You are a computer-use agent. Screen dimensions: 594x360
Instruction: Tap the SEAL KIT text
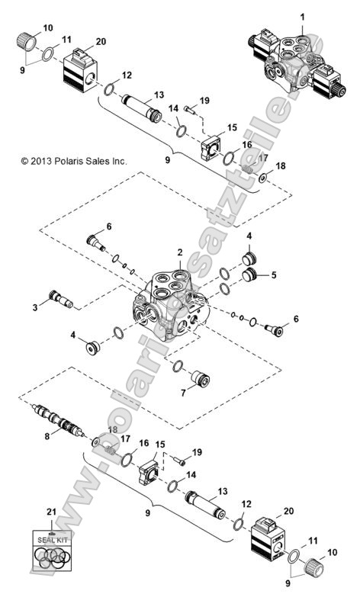coord(51,541)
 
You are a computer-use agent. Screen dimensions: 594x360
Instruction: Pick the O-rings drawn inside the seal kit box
coord(51,557)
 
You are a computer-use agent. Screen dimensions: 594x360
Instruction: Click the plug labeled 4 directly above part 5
coord(249,257)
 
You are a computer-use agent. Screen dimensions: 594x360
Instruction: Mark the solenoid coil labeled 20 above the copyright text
coord(77,67)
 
